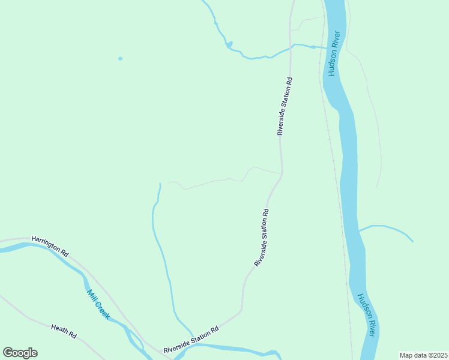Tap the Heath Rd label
pos(64,331)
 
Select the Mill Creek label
pos(98,304)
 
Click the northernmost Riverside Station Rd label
pos(285,106)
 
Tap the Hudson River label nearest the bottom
pos(367,315)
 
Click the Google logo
pos(20,353)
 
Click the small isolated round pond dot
pos(120,58)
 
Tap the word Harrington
pos(46,244)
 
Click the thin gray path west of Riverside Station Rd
pos(210,181)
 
